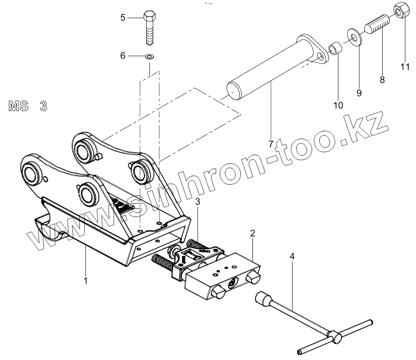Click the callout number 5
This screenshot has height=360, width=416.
[123, 18]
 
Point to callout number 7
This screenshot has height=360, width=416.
[271, 143]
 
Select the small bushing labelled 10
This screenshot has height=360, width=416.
[335, 48]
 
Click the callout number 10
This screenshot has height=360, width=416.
[338, 105]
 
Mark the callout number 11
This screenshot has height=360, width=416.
[405, 67]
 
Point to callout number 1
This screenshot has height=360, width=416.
[85, 281]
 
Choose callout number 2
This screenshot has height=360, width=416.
[252, 233]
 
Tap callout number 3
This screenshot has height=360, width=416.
[197, 201]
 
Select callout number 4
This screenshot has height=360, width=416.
[292, 256]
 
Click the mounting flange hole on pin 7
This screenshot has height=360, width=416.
[321, 56]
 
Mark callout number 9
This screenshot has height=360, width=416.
[359, 92]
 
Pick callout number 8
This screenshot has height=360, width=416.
[382, 79]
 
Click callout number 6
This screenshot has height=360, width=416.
[123, 56]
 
